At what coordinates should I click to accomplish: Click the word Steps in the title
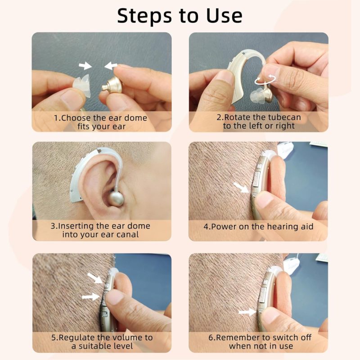pyautogui.click(x=144, y=16)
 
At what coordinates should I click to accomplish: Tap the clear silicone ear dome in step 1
pyautogui.click(x=82, y=86)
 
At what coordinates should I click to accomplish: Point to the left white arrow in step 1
pyautogui.click(x=85, y=65)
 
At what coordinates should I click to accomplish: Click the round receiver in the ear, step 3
pyautogui.click(x=117, y=198)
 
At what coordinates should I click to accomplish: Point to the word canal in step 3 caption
pyautogui.click(x=128, y=234)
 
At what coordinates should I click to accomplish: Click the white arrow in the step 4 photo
pyautogui.click(x=241, y=187)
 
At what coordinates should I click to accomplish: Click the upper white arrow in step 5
pyautogui.click(x=95, y=278)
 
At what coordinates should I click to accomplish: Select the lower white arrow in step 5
pyautogui.click(x=91, y=297)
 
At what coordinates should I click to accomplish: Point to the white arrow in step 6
pyautogui.click(x=247, y=312)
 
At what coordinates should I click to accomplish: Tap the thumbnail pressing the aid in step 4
pyautogui.click(x=264, y=199)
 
